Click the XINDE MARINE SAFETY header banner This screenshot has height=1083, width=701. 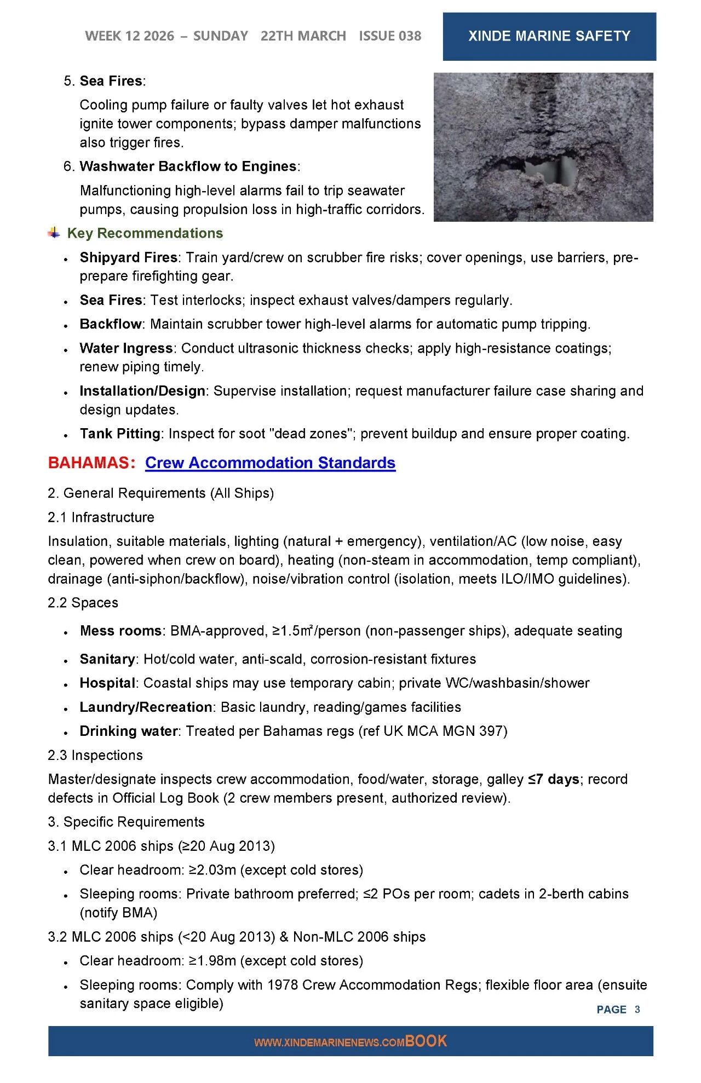click(549, 36)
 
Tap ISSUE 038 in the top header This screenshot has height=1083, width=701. click(390, 36)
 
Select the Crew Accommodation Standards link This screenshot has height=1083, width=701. click(270, 463)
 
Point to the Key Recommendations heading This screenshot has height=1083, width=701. click(145, 233)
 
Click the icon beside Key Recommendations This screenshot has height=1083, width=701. click(54, 233)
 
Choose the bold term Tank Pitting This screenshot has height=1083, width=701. click(120, 434)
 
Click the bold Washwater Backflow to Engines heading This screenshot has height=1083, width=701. click(188, 166)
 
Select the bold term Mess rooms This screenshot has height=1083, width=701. click(120, 631)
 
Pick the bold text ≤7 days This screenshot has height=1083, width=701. click(553, 779)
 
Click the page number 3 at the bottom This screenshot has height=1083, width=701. click(637, 1009)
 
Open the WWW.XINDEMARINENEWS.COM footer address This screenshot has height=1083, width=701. click(329, 1042)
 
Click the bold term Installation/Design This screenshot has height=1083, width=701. click(142, 391)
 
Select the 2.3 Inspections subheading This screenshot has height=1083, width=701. click(95, 755)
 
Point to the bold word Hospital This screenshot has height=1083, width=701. click(107, 683)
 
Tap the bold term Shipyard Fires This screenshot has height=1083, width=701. click(128, 257)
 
